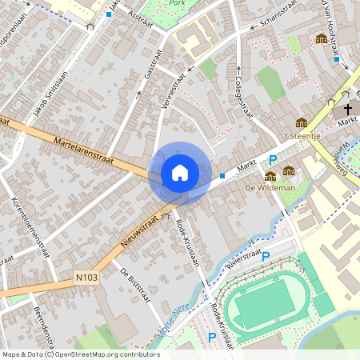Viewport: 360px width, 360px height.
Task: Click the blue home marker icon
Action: [x=180, y=173]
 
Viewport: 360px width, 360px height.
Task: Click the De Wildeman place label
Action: [x=270, y=188]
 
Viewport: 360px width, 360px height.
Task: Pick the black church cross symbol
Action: [x=348, y=109]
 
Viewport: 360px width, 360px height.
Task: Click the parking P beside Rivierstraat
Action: [x=266, y=257]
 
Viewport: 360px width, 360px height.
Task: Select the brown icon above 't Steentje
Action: [x=301, y=123]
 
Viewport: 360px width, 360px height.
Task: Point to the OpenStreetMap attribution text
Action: [x=80, y=354]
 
